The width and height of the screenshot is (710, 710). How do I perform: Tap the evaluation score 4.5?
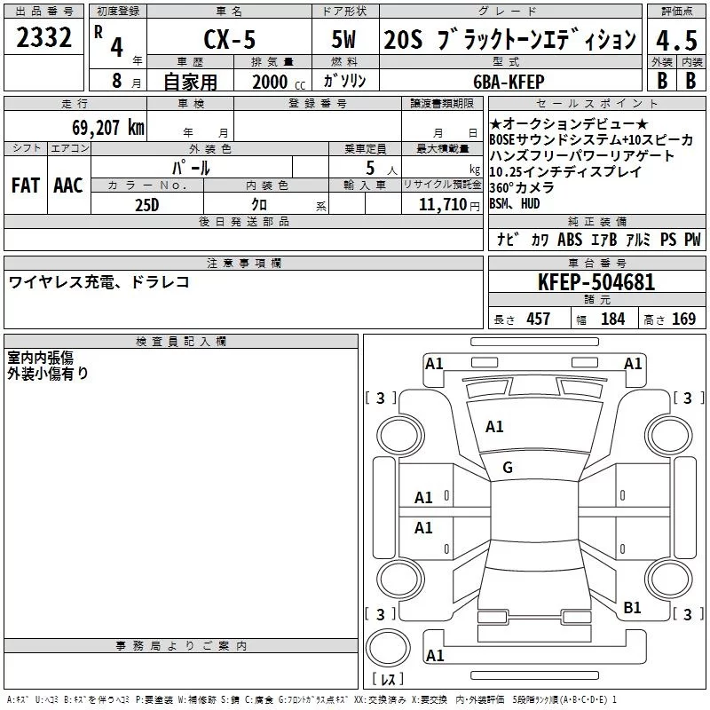674,40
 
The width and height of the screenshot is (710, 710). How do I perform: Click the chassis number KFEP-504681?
596,282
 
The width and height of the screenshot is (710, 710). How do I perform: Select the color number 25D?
146,204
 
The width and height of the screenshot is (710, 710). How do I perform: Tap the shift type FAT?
25,185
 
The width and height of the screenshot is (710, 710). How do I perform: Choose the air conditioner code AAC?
67,185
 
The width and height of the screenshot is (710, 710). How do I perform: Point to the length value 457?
538,319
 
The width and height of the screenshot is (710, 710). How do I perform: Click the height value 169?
682,319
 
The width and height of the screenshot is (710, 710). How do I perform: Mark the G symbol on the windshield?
508,468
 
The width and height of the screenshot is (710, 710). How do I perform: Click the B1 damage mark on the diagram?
632,607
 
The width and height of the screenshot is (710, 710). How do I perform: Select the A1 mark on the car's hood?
494,427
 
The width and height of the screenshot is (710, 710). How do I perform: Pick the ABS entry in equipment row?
570,240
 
